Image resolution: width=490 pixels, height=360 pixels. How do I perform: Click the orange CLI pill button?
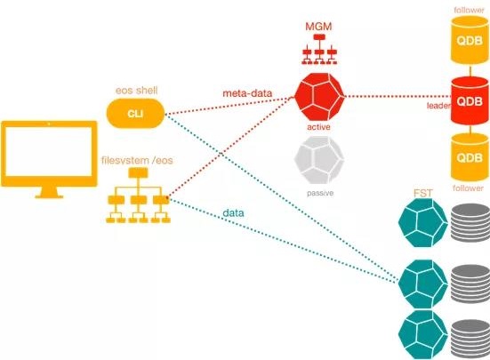(135, 114)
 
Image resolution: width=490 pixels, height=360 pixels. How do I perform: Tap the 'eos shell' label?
(137, 91)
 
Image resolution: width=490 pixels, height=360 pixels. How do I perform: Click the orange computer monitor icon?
(49, 159)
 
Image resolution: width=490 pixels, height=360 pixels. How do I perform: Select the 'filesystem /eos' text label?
(137, 161)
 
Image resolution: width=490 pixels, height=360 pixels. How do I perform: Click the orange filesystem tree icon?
(138, 196)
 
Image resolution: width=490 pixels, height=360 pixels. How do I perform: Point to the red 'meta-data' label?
(247, 93)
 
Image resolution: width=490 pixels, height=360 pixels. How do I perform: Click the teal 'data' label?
(233, 213)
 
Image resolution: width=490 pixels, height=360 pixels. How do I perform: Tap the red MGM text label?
(318, 27)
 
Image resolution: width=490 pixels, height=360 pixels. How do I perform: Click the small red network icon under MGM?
(319, 49)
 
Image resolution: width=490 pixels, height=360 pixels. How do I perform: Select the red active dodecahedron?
(319, 97)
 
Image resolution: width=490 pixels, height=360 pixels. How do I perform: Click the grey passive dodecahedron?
(318, 160)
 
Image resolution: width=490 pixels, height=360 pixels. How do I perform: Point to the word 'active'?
(318, 127)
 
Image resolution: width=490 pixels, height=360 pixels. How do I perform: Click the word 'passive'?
(320, 193)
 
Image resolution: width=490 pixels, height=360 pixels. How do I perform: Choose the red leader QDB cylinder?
(470, 100)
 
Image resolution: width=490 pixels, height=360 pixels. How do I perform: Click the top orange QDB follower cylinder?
(470, 40)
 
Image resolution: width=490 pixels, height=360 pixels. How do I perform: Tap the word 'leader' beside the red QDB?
(438, 106)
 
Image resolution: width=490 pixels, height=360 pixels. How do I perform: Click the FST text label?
(423, 193)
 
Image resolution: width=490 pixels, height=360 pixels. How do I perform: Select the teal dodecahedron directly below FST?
(422, 223)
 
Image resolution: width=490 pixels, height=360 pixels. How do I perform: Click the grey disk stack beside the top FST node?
(470, 222)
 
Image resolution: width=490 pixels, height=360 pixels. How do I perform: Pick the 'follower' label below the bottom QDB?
(468, 188)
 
